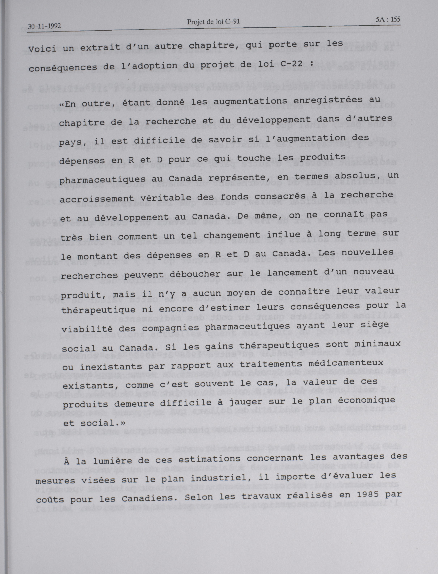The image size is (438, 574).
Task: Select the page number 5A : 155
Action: coord(388,19)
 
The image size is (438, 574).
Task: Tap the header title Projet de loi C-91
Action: coord(213,22)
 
